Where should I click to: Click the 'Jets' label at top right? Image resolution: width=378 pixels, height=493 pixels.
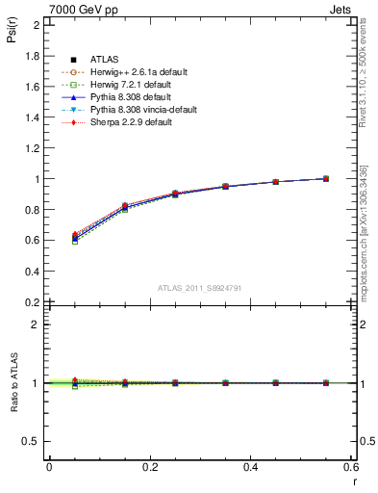[x=343, y=8]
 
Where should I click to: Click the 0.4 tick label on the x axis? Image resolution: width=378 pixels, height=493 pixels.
[x=251, y=467]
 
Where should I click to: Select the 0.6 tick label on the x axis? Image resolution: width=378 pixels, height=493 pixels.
[x=351, y=467]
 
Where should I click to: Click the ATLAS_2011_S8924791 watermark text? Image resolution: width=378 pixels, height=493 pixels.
[x=199, y=288]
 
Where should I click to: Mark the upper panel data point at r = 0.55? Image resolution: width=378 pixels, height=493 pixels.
[x=326, y=178]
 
